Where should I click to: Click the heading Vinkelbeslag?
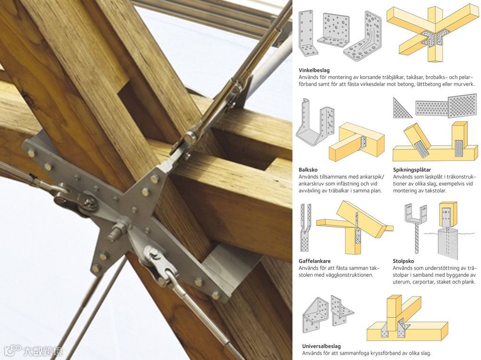pyautogui.click(x=314, y=70)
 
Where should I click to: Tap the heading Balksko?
pyautogui.click(x=308, y=170)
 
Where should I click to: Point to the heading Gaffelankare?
pyautogui.click(x=315, y=261)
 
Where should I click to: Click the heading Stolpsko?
pyautogui.click(x=403, y=261)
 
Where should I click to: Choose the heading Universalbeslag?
pyautogui.click(x=321, y=346)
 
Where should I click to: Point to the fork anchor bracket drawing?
pyautogui.click(x=305, y=227)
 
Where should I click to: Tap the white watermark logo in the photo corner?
pyautogui.click(x=33, y=350)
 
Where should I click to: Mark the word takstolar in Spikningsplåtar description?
pyautogui.click(x=434, y=191)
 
